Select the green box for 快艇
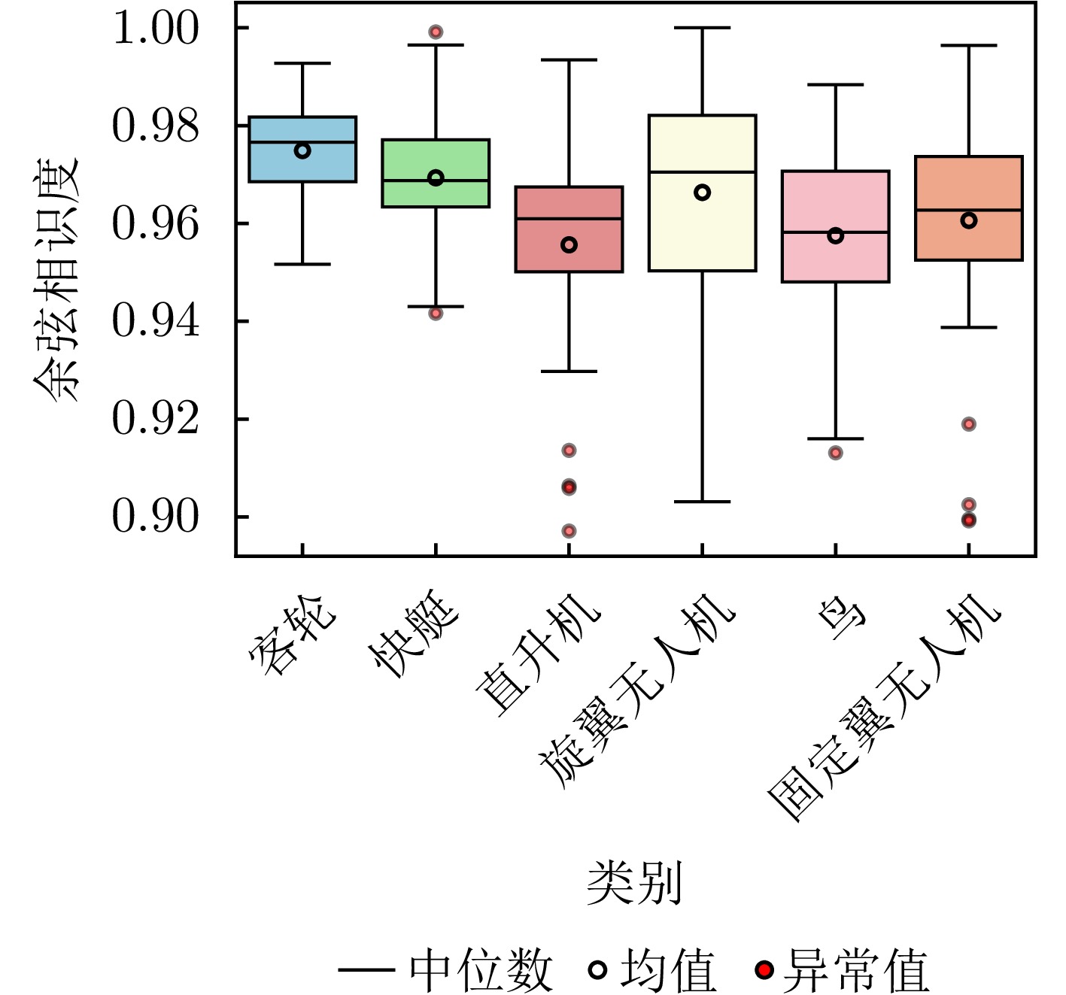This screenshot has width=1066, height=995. [436, 194]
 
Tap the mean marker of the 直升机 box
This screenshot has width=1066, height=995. [569, 244]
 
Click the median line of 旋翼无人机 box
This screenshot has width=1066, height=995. [702, 172]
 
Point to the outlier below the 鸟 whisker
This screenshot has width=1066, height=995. [835, 453]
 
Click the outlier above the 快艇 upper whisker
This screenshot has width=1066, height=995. [436, 32]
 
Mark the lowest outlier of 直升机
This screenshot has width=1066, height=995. [569, 531]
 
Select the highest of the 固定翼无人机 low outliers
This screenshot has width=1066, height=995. [969, 424]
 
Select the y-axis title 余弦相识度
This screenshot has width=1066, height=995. [56, 279]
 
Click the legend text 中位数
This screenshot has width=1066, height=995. [481, 970]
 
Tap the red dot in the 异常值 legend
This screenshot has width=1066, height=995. [764, 970]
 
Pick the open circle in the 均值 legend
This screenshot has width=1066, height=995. [597, 970]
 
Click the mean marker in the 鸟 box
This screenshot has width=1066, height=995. [835, 235]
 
